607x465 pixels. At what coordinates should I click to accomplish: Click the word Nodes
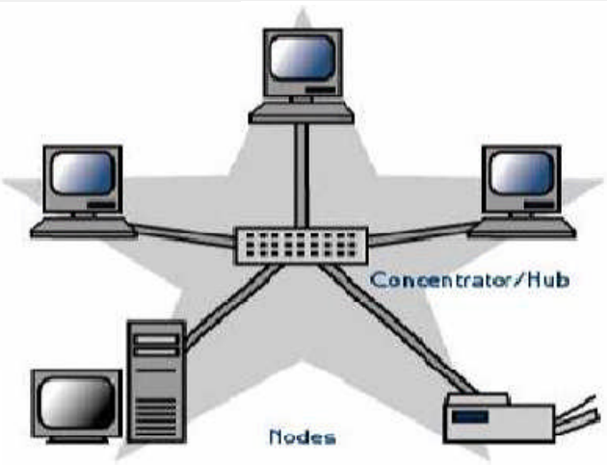pyautogui.click(x=303, y=437)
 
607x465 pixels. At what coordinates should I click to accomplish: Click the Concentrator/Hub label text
pyautogui.click(x=470, y=280)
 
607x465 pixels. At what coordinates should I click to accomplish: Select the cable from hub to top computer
pyautogui.click(x=301, y=173)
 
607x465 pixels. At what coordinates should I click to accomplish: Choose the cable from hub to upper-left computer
pyautogui.click(x=183, y=235)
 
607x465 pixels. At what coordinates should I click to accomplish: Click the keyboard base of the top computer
pyautogui.click(x=301, y=113)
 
